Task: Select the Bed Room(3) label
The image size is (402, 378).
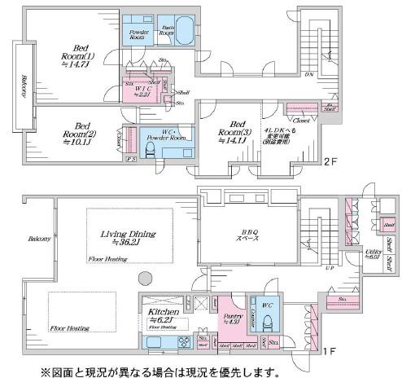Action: [234, 134]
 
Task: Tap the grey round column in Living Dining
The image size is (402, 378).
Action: [145, 275]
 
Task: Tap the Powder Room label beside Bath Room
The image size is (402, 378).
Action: [137, 35]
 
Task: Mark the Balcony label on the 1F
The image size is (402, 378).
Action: [39, 239]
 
